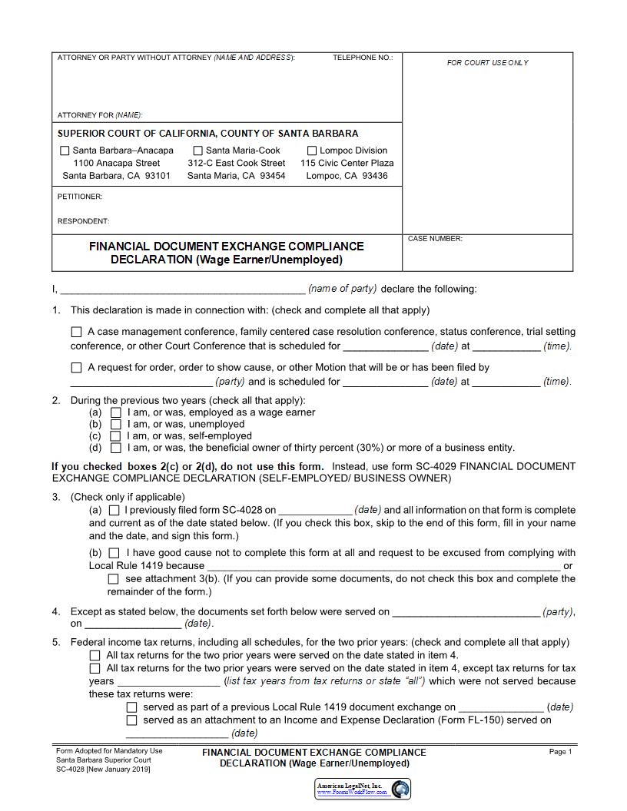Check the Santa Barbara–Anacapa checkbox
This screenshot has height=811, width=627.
(65, 151)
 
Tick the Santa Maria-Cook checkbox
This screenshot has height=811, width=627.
(197, 151)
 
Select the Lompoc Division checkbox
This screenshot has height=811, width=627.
(312, 151)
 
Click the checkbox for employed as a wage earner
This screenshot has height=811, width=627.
(116, 412)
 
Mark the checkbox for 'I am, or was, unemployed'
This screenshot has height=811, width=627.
(116, 424)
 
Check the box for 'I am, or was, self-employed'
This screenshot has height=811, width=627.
(116, 435)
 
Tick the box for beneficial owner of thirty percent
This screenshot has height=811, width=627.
(116, 448)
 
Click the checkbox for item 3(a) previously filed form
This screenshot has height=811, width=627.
(114, 510)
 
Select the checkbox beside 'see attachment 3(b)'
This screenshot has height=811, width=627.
(114, 579)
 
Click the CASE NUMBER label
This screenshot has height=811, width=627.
(435, 239)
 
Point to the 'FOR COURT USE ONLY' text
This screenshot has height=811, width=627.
(487, 63)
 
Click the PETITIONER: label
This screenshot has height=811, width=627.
(80, 197)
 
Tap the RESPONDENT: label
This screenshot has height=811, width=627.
(83, 221)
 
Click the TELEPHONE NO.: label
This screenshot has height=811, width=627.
(363, 58)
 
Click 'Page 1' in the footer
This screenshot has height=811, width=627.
(560, 752)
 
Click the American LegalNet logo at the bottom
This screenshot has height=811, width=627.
(363, 789)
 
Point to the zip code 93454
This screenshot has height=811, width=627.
(272, 176)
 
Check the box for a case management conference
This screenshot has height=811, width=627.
(76, 333)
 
